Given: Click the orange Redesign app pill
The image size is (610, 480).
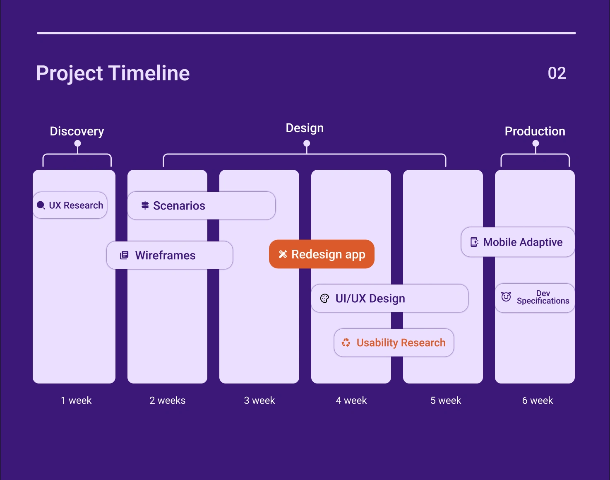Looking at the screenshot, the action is tap(322, 254).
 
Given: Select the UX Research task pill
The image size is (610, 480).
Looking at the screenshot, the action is tap(70, 205).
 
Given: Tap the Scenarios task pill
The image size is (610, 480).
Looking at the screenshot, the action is tap(202, 205).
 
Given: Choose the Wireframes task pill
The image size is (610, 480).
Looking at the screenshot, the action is tap(170, 255).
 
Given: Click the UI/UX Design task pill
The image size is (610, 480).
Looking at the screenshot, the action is tap(390, 299).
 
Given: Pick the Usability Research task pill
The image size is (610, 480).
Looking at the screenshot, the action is tap(394, 343).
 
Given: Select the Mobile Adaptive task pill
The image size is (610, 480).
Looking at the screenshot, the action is tap(518, 242).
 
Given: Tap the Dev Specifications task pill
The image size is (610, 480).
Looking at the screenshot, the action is tap(535, 298).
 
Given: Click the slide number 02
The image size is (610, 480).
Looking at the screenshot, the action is tap(557, 73).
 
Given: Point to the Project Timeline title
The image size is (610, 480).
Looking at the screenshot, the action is tap(113, 73).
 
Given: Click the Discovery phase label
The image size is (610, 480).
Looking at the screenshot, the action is tap(77, 131).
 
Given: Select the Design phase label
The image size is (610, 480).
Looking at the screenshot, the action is tap(305, 128).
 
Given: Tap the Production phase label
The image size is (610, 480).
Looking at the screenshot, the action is tap(535, 131).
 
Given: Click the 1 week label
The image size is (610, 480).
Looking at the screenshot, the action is tap(76, 400).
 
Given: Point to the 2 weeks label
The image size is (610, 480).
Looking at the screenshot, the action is tap(168, 400).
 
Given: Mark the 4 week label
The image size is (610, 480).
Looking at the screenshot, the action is tap(351, 400).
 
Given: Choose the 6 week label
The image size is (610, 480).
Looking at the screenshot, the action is tap(538, 400).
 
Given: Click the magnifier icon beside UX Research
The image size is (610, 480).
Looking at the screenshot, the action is tap(41, 205).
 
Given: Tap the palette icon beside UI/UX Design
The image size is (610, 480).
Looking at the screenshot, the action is tap(324, 299).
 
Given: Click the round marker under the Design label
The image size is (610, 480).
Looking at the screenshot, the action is tap(307, 143).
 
